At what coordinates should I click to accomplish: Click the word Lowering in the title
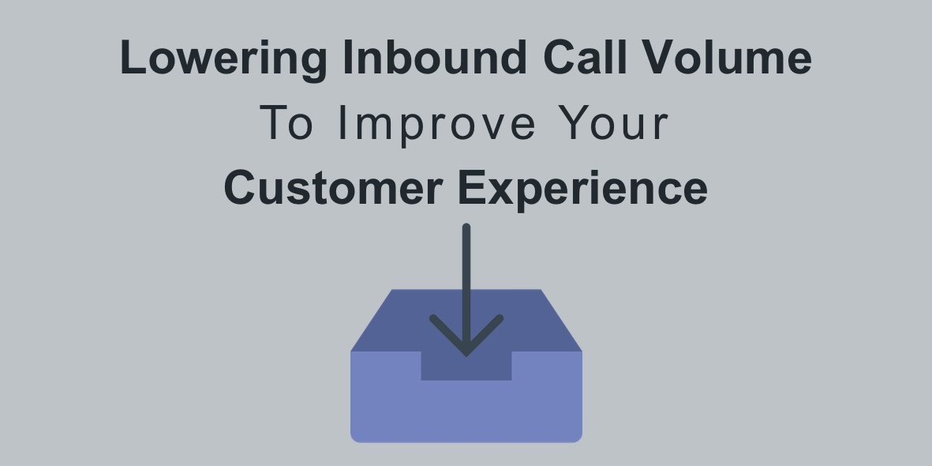click(x=223, y=59)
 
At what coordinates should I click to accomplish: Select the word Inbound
click(x=435, y=57)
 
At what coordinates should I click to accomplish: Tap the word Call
click(x=585, y=57)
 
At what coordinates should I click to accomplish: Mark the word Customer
click(x=334, y=187)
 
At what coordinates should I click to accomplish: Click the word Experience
click(x=583, y=190)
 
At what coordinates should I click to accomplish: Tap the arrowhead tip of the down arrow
click(x=466, y=355)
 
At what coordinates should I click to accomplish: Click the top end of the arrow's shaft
click(x=466, y=227)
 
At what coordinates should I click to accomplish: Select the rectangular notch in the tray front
click(x=466, y=366)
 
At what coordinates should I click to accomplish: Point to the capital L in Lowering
click(x=133, y=57)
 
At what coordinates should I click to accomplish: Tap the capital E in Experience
click(x=473, y=187)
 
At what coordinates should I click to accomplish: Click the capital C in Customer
click(x=241, y=187)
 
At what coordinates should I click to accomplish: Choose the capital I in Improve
click(x=341, y=122)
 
